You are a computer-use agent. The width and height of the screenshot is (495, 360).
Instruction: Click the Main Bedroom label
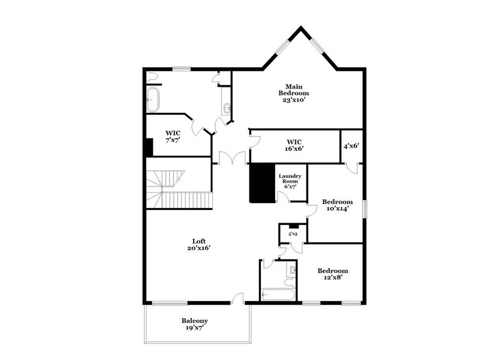pos(293,93)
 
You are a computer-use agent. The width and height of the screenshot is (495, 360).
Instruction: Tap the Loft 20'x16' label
pos(199,245)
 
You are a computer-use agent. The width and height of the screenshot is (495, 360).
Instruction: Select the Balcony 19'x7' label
pos(195,324)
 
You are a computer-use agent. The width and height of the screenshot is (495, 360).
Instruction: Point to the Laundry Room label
pos(290,181)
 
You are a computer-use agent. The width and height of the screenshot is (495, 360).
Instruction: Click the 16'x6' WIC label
pos(294,146)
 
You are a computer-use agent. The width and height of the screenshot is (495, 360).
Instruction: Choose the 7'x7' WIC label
pos(173,137)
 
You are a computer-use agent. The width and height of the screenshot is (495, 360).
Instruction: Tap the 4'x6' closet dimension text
pos(351,146)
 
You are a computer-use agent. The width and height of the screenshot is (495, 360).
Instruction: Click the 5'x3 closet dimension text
pos(293,234)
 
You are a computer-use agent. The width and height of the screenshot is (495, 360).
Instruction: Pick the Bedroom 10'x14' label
pos(337,205)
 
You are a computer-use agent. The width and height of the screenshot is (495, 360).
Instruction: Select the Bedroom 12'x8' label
pos(333,274)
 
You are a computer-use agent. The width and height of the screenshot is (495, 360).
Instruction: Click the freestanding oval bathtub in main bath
pos(153,99)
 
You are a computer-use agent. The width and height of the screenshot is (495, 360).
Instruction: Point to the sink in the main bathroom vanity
pos(228,108)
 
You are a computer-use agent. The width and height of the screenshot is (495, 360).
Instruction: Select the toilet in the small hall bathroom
pos(290,282)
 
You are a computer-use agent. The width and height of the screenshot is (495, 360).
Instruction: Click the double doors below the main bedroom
pos(232,158)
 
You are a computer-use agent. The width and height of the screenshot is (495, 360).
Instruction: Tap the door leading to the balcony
pos(238,298)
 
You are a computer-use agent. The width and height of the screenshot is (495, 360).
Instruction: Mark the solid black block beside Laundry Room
pos(262,183)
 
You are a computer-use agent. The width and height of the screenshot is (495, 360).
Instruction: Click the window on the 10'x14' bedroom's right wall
pos(365,209)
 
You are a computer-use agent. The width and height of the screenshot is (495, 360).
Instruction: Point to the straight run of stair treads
pos(187,201)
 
